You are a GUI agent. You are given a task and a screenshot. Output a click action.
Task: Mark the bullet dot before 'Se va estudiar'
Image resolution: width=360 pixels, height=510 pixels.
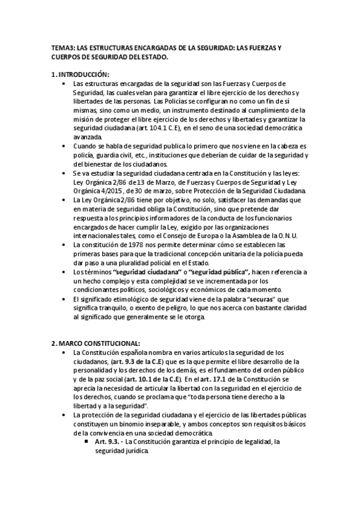tap(64, 173)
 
